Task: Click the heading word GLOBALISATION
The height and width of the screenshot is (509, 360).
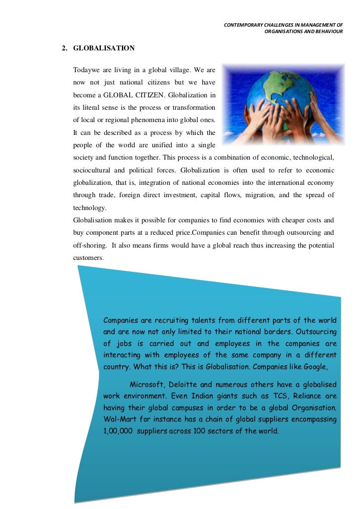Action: [104, 48]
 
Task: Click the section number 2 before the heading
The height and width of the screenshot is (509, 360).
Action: [64, 48]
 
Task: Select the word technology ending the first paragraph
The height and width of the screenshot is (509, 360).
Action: [89, 208]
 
